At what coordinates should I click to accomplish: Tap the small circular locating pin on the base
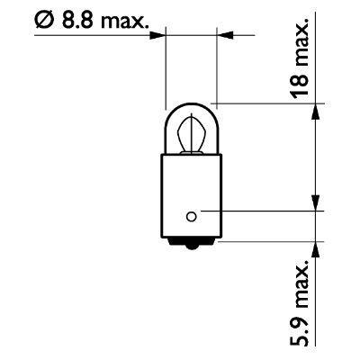point(192,214)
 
